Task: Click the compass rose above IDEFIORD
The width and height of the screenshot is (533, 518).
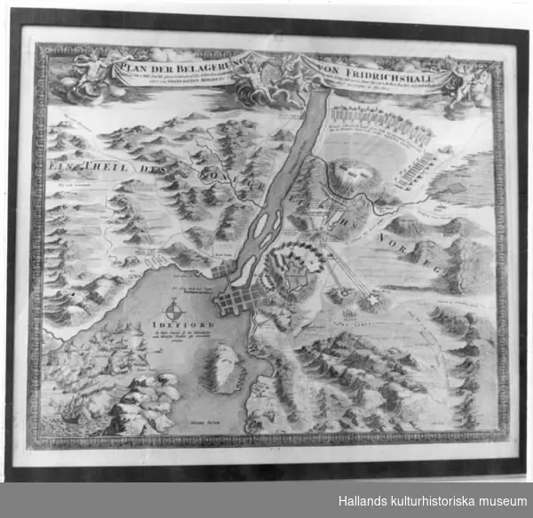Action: [174, 307]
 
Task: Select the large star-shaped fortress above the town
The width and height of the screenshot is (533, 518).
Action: [295, 273]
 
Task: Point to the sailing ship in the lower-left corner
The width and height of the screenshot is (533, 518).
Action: [73, 411]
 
